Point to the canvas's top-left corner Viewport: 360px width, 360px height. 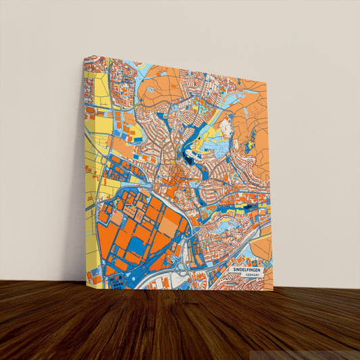[83, 55]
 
